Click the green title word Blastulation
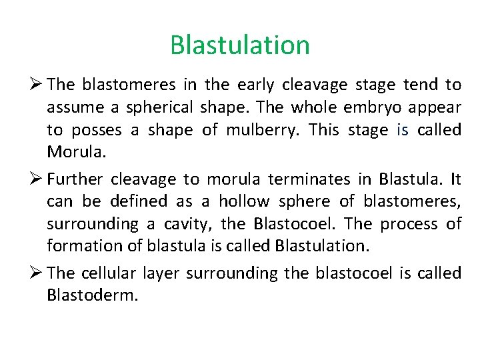[240, 45]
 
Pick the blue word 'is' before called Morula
[402, 130]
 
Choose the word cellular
[110, 273]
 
